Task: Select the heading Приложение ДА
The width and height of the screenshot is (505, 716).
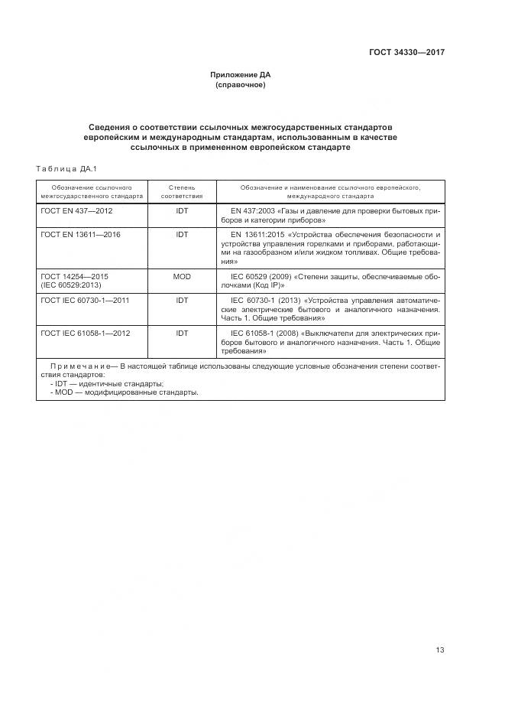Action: tap(241, 75)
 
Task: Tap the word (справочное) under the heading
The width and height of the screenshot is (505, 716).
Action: tap(241, 85)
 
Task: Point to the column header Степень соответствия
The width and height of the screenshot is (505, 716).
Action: tap(182, 191)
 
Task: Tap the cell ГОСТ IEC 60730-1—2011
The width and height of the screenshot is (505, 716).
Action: tap(85, 300)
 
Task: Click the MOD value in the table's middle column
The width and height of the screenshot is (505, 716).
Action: tap(182, 275)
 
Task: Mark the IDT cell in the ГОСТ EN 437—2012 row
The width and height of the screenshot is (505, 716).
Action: tap(182, 210)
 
